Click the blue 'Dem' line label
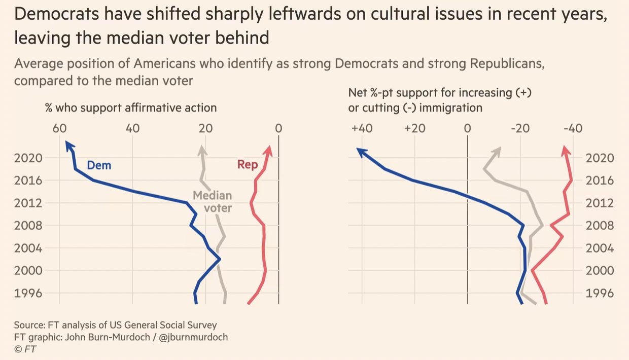pos(99,165)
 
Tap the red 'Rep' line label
pos(248,165)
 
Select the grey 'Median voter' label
pos(213,202)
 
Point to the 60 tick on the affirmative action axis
pos(60,129)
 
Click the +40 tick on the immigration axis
pos(362,129)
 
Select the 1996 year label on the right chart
pos(600,293)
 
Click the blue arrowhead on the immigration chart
pos(360,151)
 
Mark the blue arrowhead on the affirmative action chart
pos(69,146)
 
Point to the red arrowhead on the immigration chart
pos(566,150)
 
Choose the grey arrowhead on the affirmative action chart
pos(202,150)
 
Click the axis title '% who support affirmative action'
pos(131,107)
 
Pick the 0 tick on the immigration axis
pos(467,129)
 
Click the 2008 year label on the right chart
pos(600,226)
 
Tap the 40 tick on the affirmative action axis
pos(133,129)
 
